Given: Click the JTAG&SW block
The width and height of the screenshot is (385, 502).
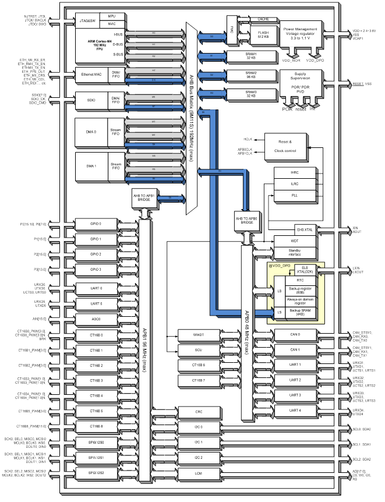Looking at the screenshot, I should (x=87, y=22).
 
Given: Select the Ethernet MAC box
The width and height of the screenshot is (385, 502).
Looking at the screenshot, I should (x=91, y=74).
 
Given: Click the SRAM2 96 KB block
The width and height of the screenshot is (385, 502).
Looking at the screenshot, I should (x=251, y=75).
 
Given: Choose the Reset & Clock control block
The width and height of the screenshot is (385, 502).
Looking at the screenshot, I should (x=286, y=146).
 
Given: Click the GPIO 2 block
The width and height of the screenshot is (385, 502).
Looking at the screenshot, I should (x=96, y=254).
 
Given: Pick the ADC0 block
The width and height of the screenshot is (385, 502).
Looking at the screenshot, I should (x=96, y=319).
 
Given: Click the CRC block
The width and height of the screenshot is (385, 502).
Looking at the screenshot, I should (x=199, y=412).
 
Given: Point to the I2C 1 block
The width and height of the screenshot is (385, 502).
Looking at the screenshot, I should (x=199, y=442).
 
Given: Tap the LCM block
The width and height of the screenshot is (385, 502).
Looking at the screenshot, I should (x=199, y=473).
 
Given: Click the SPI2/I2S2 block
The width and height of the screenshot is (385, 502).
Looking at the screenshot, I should (x=96, y=473).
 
